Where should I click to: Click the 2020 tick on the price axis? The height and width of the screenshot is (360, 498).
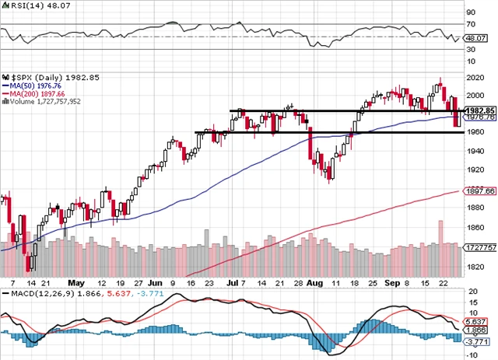[474, 77]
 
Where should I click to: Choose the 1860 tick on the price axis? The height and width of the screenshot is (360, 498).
[474, 227]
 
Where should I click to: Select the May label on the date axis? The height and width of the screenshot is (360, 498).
[76, 284]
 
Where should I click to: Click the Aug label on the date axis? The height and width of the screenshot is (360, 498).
[314, 284]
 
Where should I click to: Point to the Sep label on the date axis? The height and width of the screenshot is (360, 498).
[395, 284]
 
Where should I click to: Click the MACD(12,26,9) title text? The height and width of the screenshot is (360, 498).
[35, 294]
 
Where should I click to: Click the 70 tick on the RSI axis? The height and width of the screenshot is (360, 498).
[470, 12]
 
